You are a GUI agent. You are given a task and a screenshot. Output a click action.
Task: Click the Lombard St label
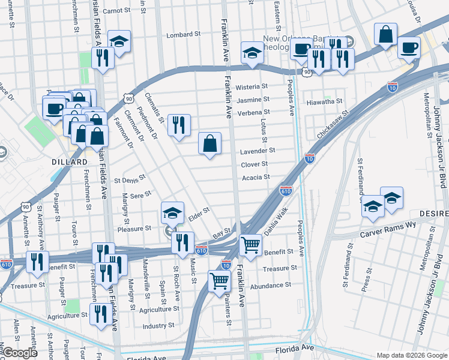point(183,35)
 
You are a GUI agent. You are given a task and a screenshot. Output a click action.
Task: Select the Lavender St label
point(258,151)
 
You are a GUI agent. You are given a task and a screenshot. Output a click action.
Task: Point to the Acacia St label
point(256,177)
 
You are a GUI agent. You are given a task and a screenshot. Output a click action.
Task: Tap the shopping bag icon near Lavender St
point(210,143)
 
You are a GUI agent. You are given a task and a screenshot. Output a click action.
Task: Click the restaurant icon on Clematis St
point(179,125)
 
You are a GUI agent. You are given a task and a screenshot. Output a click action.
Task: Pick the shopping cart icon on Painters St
point(220,280)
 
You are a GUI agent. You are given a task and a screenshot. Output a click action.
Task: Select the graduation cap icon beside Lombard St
point(119,41)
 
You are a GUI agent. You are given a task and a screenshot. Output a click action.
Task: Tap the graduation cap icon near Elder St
point(172,213)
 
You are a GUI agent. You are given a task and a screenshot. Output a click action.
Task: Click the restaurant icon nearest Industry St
point(99,313)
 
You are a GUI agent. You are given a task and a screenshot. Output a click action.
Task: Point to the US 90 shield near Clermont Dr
point(128,98)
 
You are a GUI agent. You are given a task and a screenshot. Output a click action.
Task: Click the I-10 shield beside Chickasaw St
point(310,158)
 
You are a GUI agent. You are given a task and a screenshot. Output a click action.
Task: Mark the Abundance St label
point(271,285)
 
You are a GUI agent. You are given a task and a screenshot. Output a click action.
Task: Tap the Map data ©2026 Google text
point(411,355)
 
